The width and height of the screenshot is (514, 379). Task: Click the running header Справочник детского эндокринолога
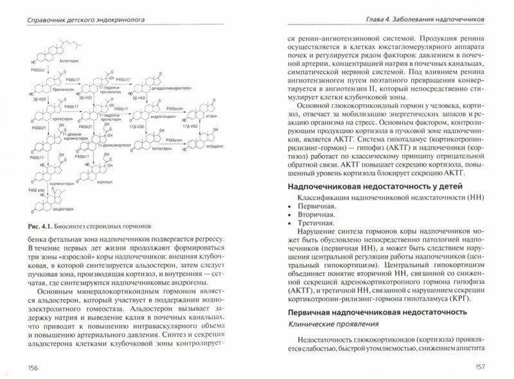click(x=81, y=20)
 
